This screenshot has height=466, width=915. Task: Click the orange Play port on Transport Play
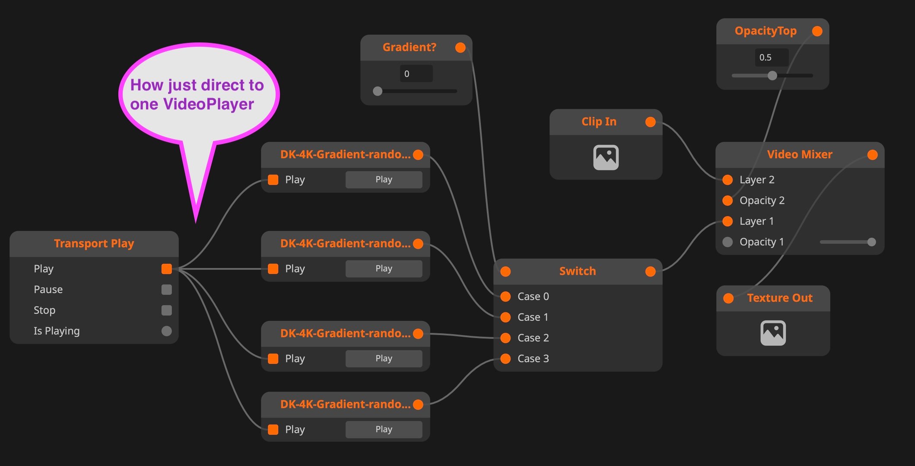(x=166, y=269)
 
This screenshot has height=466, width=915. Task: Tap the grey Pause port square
(x=166, y=290)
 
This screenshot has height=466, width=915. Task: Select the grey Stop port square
(x=166, y=310)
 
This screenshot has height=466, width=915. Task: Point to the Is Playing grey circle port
(x=166, y=331)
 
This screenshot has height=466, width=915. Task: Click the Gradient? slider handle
(x=378, y=91)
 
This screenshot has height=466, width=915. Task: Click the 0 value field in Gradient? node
(x=416, y=74)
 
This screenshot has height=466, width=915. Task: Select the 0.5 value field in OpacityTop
(x=771, y=57)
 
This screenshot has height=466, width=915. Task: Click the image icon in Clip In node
(x=606, y=157)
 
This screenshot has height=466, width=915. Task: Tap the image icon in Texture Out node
(x=773, y=333)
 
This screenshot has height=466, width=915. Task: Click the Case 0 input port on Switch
(x=505, y=297)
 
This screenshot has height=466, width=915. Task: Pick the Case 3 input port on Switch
(x=505, y=359)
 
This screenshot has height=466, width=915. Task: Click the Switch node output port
(x=650, y=271)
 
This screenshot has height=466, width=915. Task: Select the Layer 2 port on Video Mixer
(x=728, y=180)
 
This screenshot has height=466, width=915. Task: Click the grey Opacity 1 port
(x=728, y=242)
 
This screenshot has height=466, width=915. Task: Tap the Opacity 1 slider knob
(x=871, y=242)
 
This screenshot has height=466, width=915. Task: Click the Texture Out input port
(x=728, y=298)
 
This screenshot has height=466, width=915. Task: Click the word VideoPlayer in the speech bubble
(x=209, y=104)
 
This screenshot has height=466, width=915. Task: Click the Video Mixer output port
(x=872, y=155)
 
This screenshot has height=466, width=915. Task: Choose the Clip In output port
(x=650, y=122)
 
